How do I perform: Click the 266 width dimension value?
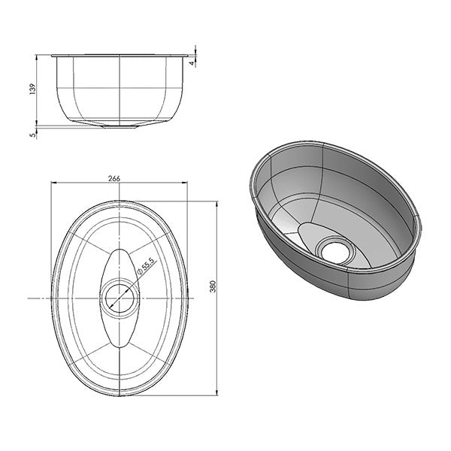(x=114, y=178)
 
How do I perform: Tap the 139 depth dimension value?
(x=32, y=89)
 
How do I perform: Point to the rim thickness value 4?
(x=192, y=63)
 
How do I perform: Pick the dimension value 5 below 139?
(x=32, y=136)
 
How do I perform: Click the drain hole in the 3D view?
(x=334, y=251)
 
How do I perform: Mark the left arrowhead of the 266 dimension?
(x=53, y=183)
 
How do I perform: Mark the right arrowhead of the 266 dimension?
(x=185, y=183)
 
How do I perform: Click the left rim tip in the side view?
(x=52, y=55)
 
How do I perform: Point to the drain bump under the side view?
(x=120, y=126)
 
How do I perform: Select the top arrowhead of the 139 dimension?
(x=38, y=58)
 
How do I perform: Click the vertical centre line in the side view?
(x=120, y=90)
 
